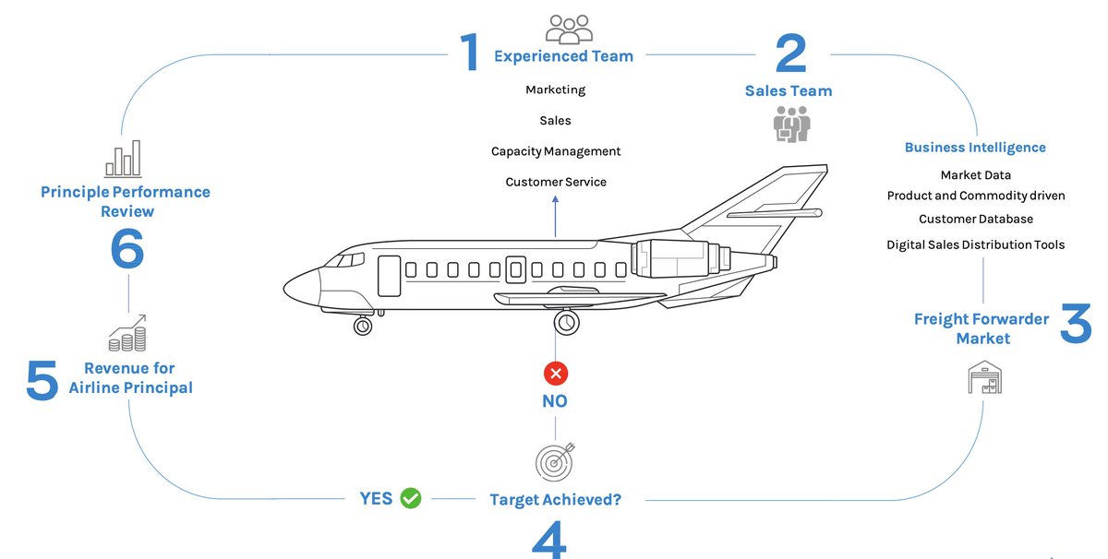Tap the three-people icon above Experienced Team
pyautogui.click(x=569, y=29)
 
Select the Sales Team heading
pyautogui.click(x=789, y=90)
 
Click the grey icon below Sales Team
pyautogui.click(x=791, y=124)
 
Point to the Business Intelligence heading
pyautogui.click(x=975, y=148)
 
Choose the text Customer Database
pyautogui.click(x=976, y=220)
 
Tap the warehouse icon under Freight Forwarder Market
pyautogui.click(x=984, y=377)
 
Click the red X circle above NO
pyautogui.click(x=555, y=374)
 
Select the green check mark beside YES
pyautogui.click(x=410, y=498)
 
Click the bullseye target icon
pyautogui.click(x=555, y=460)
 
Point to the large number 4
pyautogui.click(x=549, y=540)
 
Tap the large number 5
pyautogui.click(x=42, y=381)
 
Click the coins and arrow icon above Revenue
pyautogui.click(x=127, y=333)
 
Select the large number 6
pyautogui.click(x=127, y=249)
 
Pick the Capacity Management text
pyautogui.click(x=556, y=151)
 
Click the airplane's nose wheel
pyautogui.click(x=363, y=326)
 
